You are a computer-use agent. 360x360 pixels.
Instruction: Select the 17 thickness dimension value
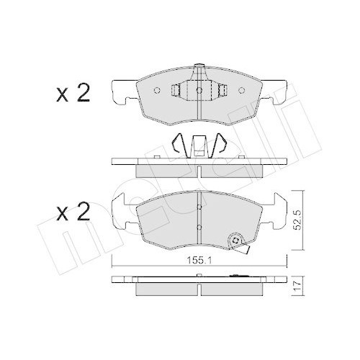click(x=297, y=287)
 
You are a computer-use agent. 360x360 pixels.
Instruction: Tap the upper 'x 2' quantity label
click(x=73, y=94)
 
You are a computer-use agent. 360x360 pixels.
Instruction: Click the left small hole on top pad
click(x=157, y=91)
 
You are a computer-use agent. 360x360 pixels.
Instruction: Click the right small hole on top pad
click(x=242, y=91)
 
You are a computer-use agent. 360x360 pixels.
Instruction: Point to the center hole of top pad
click(x=199, y=90)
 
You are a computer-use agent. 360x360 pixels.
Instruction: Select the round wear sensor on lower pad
click(x=236, y=240)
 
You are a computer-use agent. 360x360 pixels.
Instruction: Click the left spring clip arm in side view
click(x=179, y=143)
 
